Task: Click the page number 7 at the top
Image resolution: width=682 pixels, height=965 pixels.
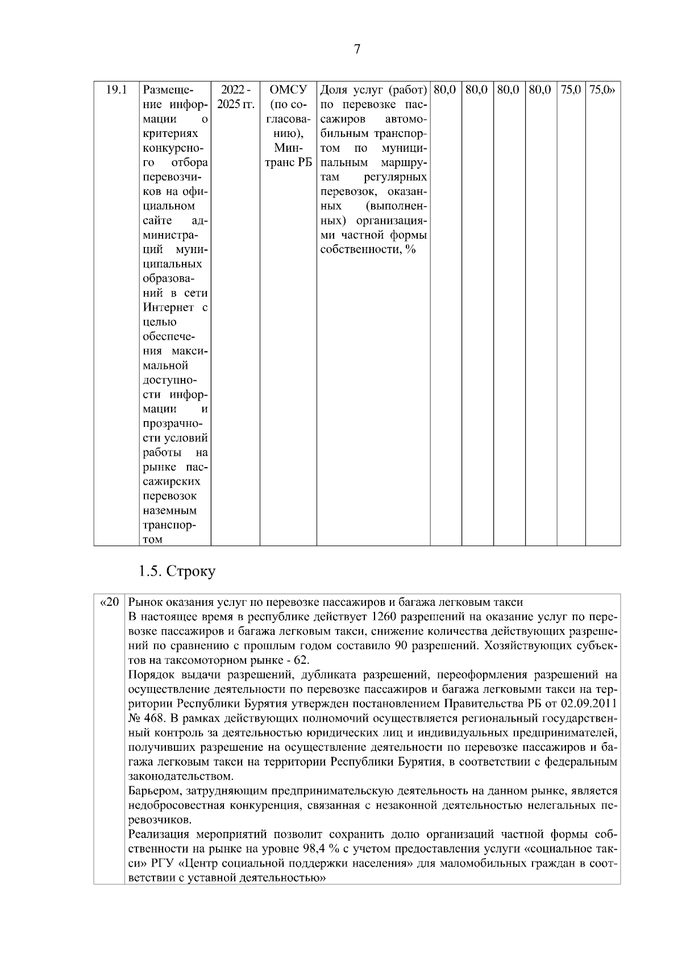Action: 357,49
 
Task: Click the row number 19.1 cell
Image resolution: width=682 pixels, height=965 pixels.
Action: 116,90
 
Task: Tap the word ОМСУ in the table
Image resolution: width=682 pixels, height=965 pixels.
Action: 288,90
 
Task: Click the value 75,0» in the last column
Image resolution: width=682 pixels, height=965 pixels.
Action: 602,90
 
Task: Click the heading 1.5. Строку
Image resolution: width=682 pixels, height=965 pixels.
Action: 177,571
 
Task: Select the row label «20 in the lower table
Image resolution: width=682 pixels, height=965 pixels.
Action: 109,602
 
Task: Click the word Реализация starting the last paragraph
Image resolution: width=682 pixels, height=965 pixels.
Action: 159,834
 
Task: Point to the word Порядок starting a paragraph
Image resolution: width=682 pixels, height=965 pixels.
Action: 148,675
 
